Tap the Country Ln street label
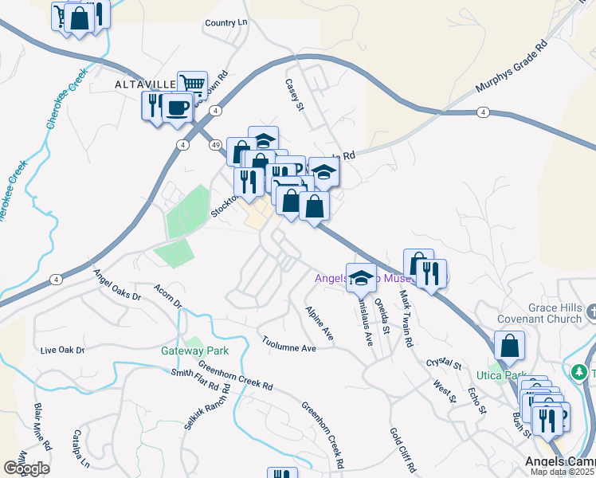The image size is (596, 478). [226, 23]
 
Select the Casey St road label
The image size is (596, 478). [295, 94]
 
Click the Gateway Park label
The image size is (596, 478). [194, 351]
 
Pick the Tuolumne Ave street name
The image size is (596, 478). [289, 344]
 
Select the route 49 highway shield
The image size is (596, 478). [216, 145]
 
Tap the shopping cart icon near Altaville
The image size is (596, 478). [191, 84]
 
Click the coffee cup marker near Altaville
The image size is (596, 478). [177, 108]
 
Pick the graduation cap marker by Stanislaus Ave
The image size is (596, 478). [361, 277]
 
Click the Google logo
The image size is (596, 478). [26, 468]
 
